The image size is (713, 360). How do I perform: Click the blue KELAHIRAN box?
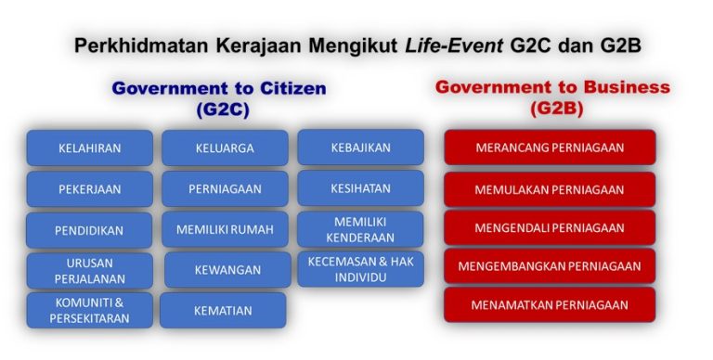coord(89,148)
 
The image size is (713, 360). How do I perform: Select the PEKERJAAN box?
coord(89,188)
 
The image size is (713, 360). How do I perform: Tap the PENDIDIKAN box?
coord(89,229)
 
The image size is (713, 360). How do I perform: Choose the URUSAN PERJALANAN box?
coord(89,269)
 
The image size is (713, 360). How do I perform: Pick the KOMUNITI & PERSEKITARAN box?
coord(89,310)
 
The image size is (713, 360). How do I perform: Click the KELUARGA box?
coord(225,148)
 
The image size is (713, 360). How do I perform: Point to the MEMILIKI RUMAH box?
coord(225,229)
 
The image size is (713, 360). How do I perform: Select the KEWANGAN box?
coord(227,269)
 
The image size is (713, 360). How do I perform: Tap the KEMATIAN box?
coord(223,310)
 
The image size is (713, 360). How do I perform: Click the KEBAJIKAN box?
coord(360,147)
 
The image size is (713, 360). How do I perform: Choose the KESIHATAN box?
coord(360,187)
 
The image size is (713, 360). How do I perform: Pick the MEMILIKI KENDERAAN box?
coord(360,228)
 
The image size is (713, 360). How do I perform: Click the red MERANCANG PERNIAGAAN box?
coord(550,147)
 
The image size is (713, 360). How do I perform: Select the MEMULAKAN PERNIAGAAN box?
coord(550,188)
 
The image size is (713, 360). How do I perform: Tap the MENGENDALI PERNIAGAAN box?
coord(550,227)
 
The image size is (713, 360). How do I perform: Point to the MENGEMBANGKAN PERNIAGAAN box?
coord(550,266)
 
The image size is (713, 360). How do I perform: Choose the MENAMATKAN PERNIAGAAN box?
coord(550,304)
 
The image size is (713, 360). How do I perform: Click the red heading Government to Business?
coord(552,87)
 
